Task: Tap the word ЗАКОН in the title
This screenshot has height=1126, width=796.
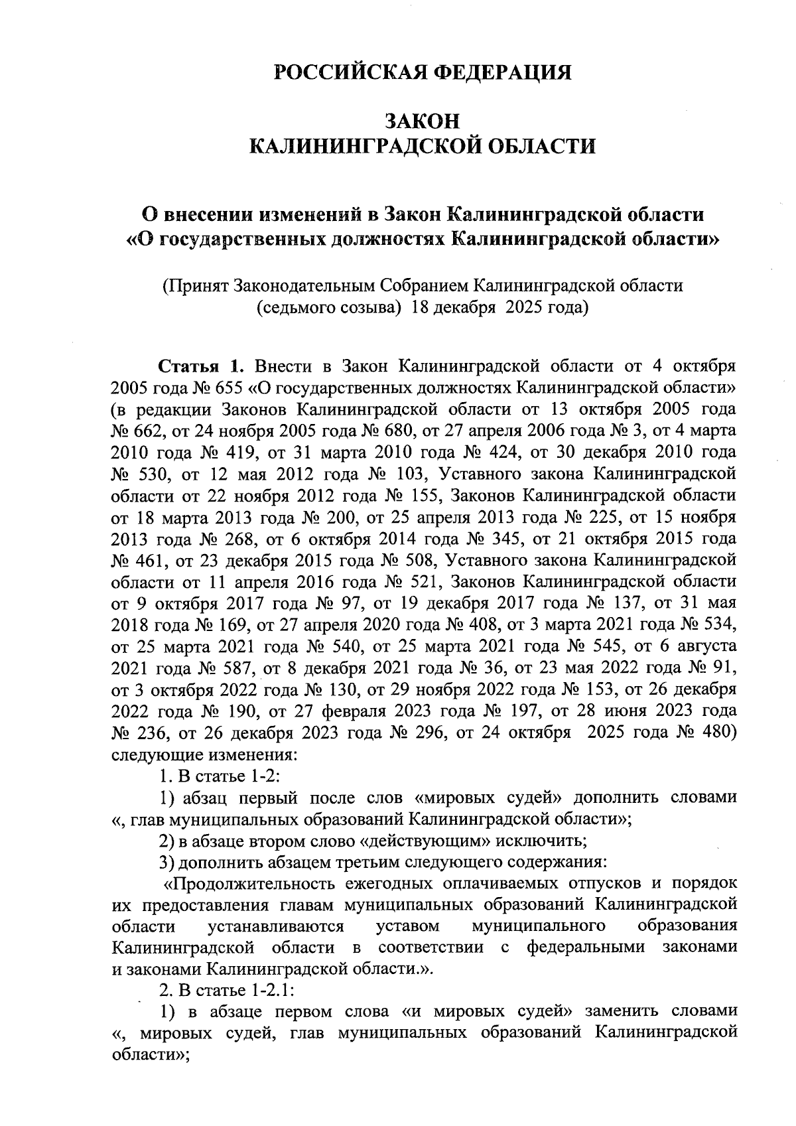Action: tap(423, 121)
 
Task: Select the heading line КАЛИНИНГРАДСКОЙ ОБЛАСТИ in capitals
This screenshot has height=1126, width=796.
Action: tap(423, 146)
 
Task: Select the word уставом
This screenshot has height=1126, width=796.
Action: tap(407, 926)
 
